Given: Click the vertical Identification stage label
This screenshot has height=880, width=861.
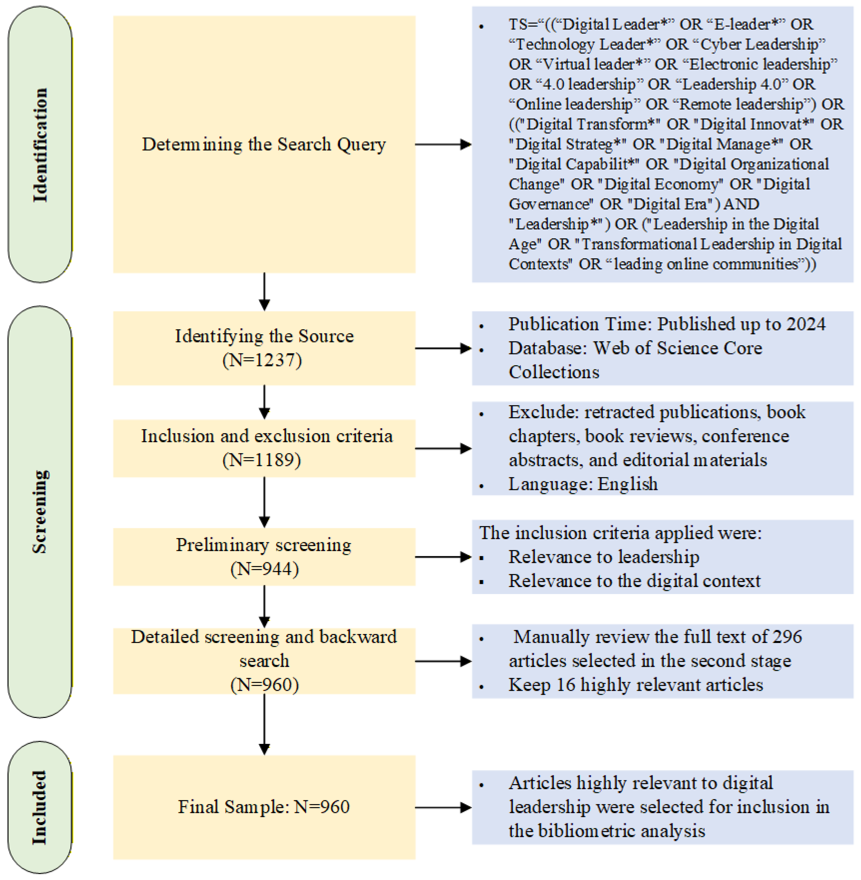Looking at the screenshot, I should (x=40, y=145).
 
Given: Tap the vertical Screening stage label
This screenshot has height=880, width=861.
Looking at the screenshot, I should (x=40, y=511).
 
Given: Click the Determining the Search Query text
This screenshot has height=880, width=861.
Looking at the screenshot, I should (x=264, y=145).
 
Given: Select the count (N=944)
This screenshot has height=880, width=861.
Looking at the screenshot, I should (x=265, y=569).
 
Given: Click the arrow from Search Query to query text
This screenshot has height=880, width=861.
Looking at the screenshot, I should (x=443, y=145).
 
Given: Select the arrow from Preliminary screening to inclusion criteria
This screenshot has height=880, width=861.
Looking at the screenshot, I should (x=443, y=557).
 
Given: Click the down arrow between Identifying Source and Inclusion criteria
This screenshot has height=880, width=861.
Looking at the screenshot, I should (x=265, y=403).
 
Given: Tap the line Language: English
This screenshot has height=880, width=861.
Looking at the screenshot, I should (x=583, y=484).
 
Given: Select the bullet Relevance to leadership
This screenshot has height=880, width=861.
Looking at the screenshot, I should (x=604, y=557).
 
